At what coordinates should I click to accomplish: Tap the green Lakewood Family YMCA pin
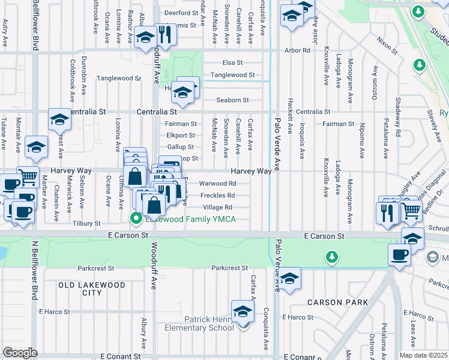tap(136, 219)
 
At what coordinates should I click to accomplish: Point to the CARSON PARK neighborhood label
tap(337, 302)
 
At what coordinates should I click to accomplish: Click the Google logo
tap(20, 353)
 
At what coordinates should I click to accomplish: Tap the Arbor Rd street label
tap(297, 50)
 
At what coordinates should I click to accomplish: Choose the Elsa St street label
tap(232, 62)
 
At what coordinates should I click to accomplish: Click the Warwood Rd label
tap(213, 184)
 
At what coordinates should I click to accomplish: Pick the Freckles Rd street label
tap(217, 196)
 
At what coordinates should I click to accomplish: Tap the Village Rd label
tap(217, 208)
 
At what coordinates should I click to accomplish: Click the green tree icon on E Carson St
tap(331, 257)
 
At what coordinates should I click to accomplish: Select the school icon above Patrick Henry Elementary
tap(243, 311)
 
